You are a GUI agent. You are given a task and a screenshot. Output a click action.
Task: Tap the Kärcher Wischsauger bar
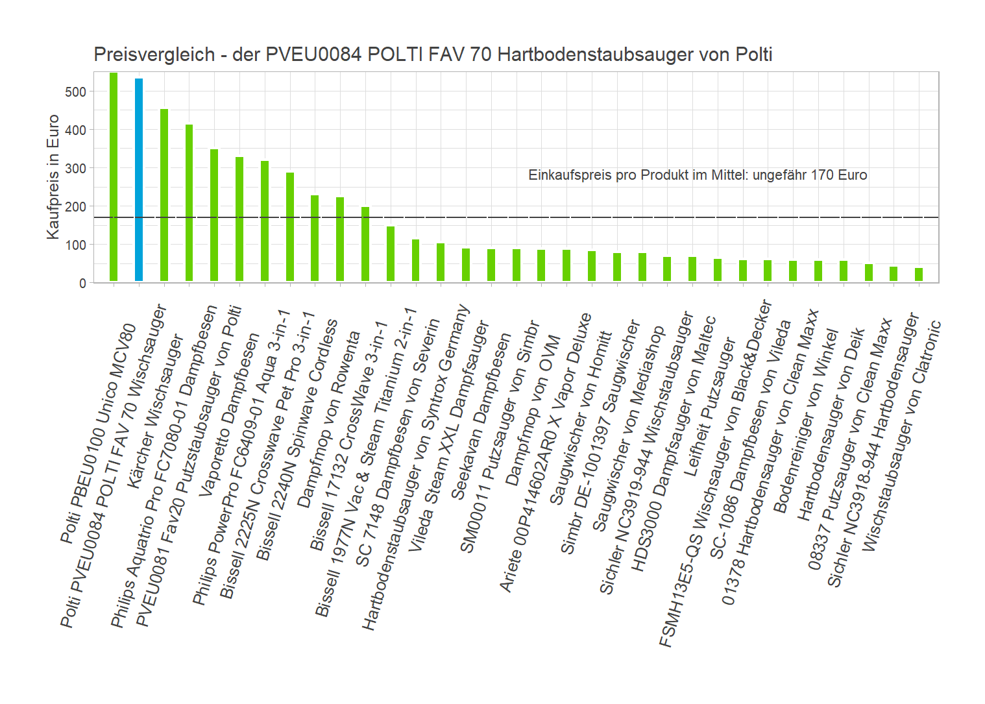164,195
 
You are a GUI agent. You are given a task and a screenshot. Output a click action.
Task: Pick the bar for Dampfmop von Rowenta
340,239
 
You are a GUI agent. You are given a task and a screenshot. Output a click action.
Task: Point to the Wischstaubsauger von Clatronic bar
919,275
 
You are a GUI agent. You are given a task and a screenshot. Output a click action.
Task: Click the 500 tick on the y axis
75,92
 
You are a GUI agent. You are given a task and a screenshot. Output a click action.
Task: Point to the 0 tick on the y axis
82,284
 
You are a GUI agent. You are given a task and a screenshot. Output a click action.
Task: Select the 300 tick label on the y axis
75,169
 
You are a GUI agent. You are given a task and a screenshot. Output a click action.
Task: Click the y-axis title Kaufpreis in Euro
53,176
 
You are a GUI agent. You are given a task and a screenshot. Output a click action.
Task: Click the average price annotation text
698,175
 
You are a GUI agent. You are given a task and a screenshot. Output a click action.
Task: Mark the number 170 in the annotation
823,175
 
